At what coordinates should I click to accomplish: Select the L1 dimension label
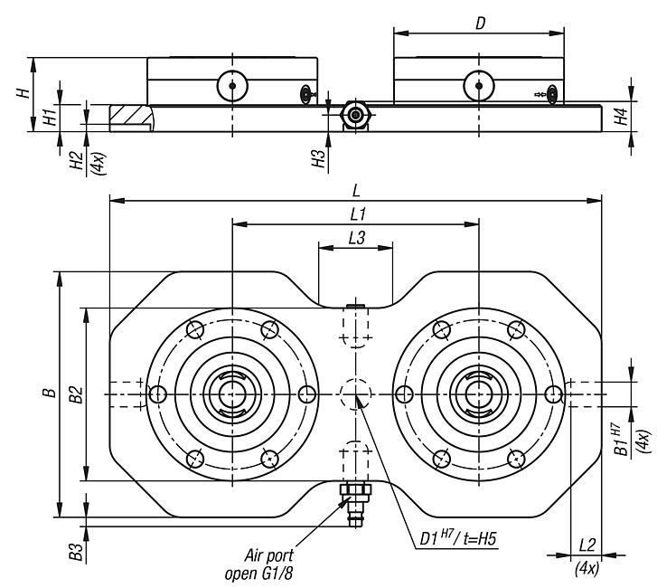[356, 214]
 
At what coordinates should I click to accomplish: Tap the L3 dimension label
[356, 237]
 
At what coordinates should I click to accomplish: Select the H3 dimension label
[318, 159]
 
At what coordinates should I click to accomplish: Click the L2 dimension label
[587, 545]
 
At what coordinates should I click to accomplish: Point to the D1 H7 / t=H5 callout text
[458, 537]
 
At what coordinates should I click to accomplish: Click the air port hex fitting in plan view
[354, 492]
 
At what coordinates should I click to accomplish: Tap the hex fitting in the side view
[354, 115]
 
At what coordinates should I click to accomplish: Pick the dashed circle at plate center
[354, 394]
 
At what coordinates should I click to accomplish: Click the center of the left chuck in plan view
[232, 394]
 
